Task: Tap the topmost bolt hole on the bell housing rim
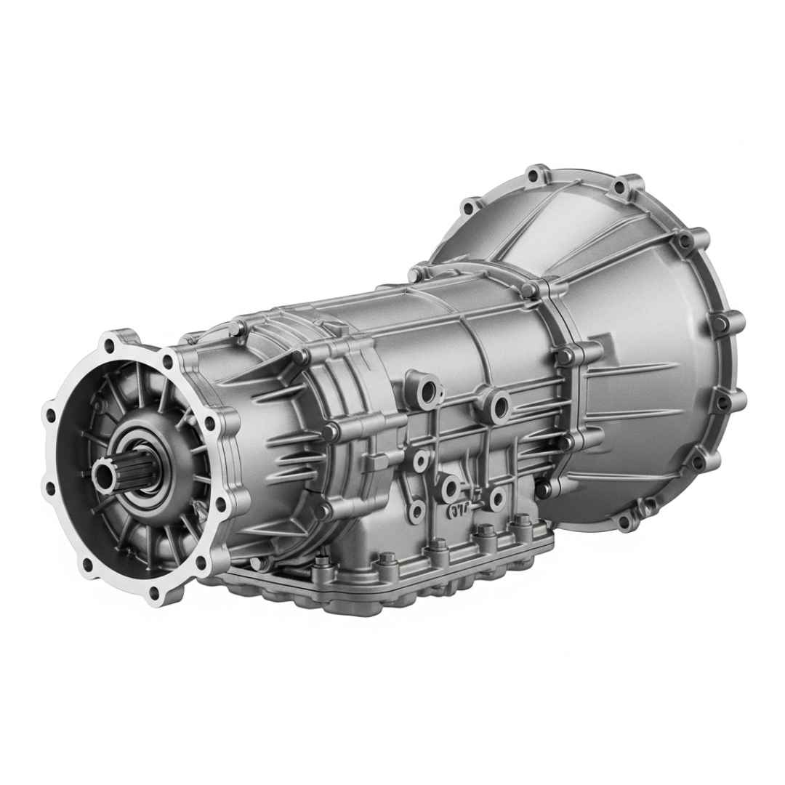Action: point(536,175)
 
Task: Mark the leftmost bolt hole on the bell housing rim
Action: point(470,206)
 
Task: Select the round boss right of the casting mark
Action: point(497,498)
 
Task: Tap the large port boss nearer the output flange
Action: point(429,389)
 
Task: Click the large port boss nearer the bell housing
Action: point(499,406)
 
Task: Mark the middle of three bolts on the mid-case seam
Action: point(331,432)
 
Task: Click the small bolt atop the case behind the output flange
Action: point(236,328)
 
